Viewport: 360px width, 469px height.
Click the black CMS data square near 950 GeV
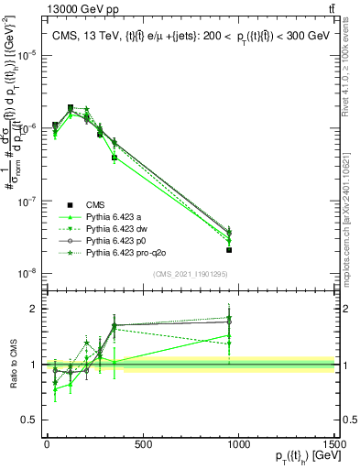point(229,249)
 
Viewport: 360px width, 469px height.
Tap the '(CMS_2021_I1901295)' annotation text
point(190,275)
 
